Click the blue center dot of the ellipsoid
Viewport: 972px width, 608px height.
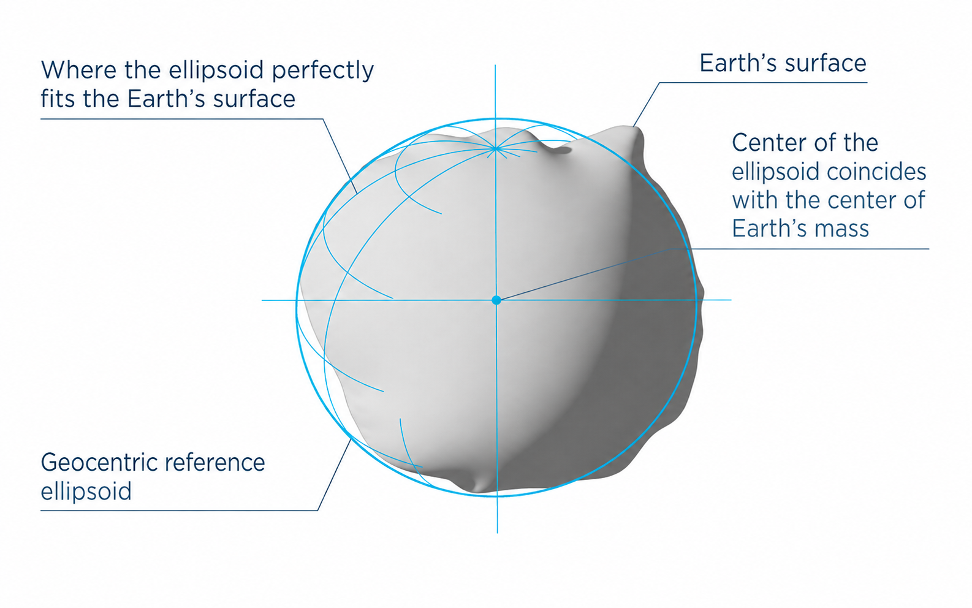496,300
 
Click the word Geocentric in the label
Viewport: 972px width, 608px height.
99,463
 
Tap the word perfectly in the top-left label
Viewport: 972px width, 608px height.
323,70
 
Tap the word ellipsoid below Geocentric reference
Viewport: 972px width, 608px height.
86,492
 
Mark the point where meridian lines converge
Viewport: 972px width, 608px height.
496,149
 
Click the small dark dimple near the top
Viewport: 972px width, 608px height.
563,150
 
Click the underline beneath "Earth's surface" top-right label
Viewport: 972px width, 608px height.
763,83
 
